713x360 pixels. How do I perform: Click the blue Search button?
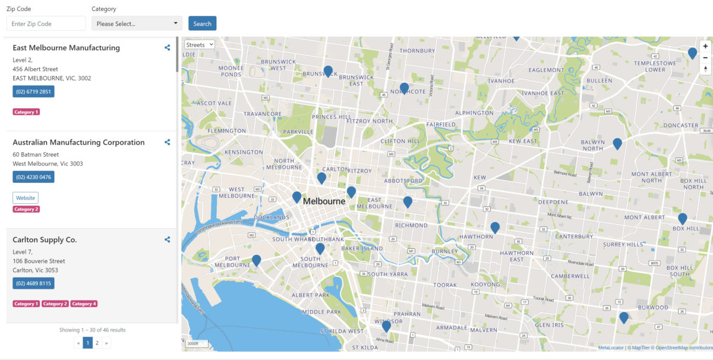pyautogui.click(x=202, y=24)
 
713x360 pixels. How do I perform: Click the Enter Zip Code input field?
pyautogui.click(x=46, y=24)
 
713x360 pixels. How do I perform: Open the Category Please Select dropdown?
pyautogui.click(x=137, y=24)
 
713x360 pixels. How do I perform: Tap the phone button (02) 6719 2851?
pyautogui.click(x=33, y=91)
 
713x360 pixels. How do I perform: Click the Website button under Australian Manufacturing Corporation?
pyautogui.click(x=26, y=198)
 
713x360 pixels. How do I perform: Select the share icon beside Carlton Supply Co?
pyautogui.click(x=168, y=240)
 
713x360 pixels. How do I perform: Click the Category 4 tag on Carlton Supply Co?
pyautogui.click(x=84, y=304)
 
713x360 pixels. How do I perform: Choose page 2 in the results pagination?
pyautogui.click(x=97, y=343)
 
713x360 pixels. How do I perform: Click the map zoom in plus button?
pyautogui.click(x=705, y=46)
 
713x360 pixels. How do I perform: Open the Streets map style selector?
pyautogui.click(x=199, y=45)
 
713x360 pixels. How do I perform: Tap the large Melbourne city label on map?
pyautogui.click(x=324, y=201)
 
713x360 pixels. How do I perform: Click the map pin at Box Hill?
pyautogui.click(x=682, y=219)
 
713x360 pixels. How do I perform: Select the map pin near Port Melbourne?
pyautogui.click(x=256, y=260)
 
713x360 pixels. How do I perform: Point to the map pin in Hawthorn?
pyautogui.click(x=495, y=227)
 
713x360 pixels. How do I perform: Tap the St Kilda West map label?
pyautogui.click(x=342, y=331)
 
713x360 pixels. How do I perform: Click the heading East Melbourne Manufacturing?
pyautogui.click(x=66, y=48)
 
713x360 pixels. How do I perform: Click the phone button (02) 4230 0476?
pyautogui.click(x=33, y=177)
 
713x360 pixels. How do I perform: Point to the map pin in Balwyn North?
pyautogui.click(x=617, y=143)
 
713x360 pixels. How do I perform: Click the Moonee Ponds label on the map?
pyautogui.click(x=231, y=71)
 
